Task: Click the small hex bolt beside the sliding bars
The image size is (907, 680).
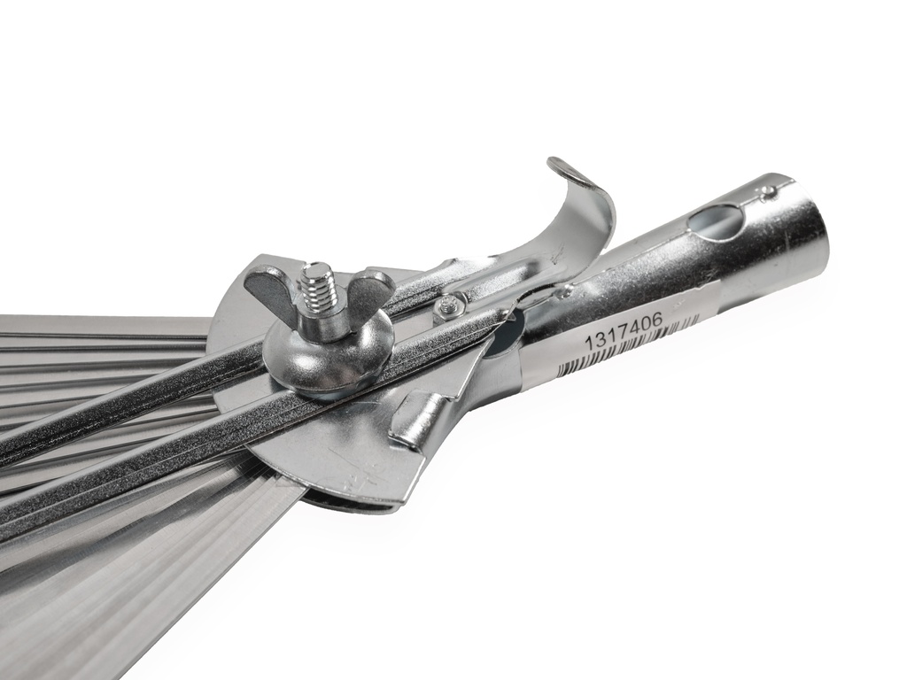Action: tap(448, 306)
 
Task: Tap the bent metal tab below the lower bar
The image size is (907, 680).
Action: tap(416, 421)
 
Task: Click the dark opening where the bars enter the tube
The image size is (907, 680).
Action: tap(505, 340)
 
